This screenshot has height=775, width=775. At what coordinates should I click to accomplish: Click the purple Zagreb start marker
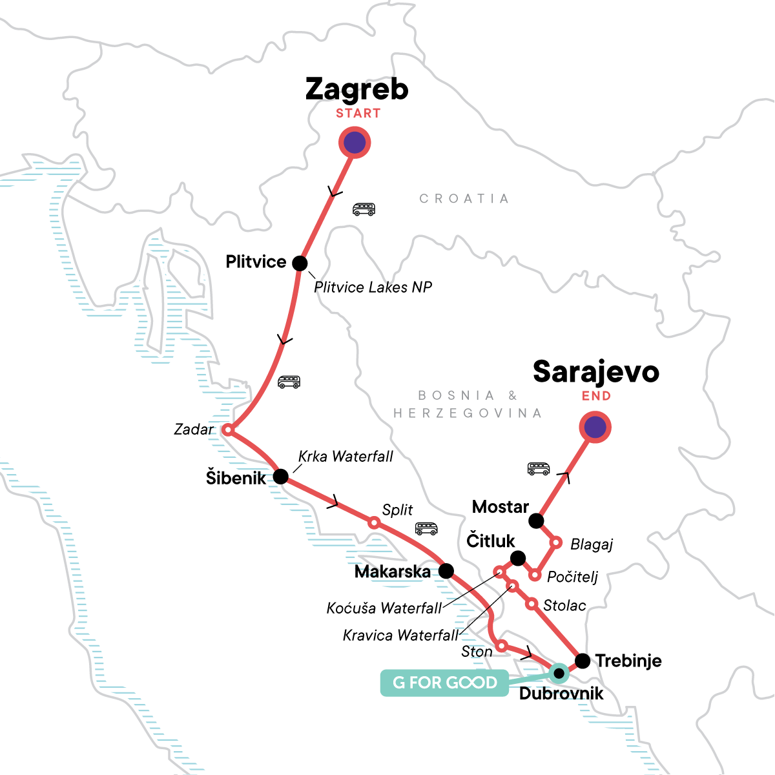[x=355, y=143]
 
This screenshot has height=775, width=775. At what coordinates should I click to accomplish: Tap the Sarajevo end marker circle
[x=595, y=427]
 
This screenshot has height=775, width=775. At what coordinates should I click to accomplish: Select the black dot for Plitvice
[x=300, y=263]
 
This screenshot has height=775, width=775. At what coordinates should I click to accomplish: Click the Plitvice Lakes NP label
[x=373, y=287]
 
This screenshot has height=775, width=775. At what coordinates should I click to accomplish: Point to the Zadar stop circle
[x=227, y=429]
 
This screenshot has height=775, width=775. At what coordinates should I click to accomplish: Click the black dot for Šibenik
[x=281, y=477]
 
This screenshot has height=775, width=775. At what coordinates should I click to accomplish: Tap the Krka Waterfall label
[x=346, y=457]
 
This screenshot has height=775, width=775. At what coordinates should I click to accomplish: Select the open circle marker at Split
[x=374, y=522]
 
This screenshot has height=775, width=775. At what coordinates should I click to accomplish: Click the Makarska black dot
[x=446, y=571]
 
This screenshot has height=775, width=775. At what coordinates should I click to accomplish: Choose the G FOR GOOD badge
[x=445, y=683]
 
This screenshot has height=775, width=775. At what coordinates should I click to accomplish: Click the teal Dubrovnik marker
[x=559, y=674]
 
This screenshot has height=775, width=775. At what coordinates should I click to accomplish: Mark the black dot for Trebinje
[x=583, y=661]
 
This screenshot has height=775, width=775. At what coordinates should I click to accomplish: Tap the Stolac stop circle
[x=531, y=604]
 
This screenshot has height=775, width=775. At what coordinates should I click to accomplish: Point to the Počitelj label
[x=572, y=577]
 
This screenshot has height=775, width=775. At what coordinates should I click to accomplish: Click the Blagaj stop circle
[x=555, y=542]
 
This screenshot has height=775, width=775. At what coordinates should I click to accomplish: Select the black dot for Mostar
[x=536, y=521]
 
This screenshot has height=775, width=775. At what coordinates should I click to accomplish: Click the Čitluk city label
[x=491, y=541]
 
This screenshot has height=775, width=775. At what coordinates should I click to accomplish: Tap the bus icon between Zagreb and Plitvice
[x=364, y=209]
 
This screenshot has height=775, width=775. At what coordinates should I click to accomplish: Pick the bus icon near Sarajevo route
[x=539, y=469]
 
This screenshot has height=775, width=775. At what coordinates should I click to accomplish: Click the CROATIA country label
[x=464, y=198]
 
